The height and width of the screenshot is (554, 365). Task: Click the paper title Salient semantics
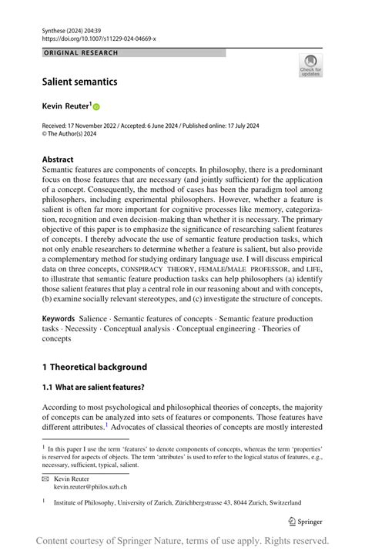tap(80, 81)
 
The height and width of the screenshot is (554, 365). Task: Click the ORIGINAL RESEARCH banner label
tap(81, 53)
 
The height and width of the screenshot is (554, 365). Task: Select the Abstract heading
tap(58, 159)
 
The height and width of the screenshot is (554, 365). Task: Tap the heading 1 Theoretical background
tap(94, 367)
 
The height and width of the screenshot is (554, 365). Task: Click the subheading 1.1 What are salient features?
tap(93, 386)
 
